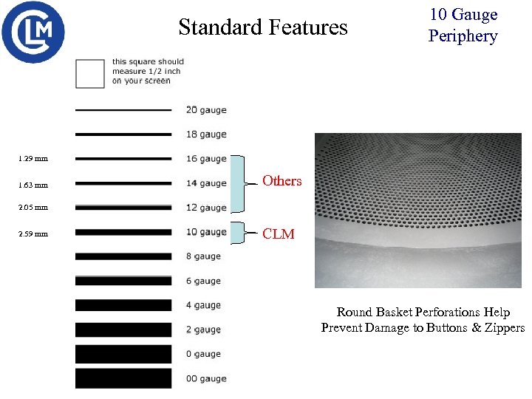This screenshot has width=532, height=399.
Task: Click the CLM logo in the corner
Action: coord(33,32)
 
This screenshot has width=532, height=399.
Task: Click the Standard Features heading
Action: coord(262,27)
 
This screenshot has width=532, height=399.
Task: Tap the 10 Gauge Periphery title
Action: coord(463,25)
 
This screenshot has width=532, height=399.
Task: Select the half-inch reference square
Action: coord(90,73)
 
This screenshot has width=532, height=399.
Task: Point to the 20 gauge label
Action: coord(206,110)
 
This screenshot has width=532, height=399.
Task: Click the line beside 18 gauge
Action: coord(123,134)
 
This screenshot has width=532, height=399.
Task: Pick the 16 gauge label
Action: coord(206,159)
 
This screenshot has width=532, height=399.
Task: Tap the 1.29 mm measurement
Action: coord(33,159)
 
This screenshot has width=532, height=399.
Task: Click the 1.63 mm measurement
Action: coord(33,185)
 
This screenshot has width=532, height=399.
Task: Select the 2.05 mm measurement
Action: coord(33,208)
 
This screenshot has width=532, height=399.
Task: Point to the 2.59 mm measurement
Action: coord(33,234)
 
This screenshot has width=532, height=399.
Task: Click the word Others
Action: coord(282,181)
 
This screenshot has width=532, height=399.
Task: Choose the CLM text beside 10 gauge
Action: coord(279,234)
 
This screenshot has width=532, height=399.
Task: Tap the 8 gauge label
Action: coord(203,256)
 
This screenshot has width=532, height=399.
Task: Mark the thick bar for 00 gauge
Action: coord(123,378)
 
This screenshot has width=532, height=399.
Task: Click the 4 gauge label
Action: coord(203,305)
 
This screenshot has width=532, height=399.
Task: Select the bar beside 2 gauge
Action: coord(123,330)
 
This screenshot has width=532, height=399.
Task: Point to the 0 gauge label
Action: coord(203,354)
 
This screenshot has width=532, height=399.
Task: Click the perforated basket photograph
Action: coord(417,211)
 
